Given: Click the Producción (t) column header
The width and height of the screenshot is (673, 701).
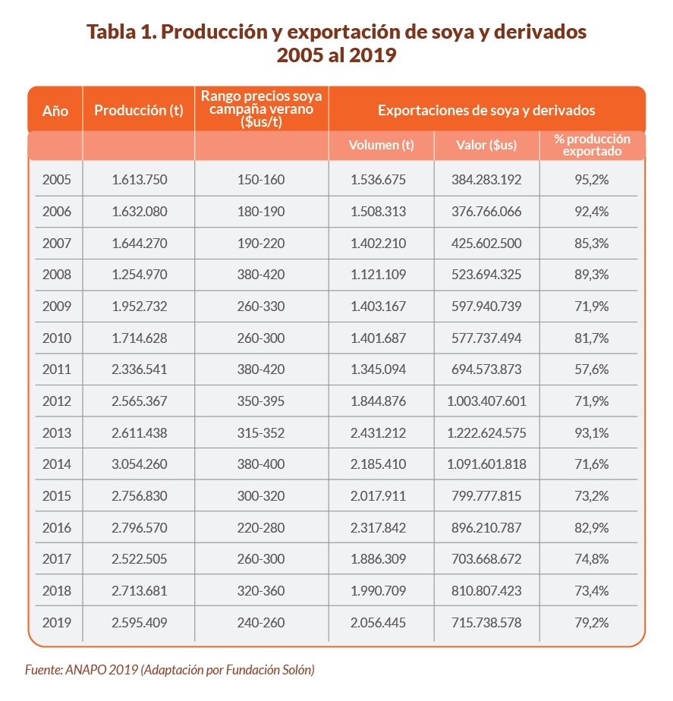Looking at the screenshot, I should pos(139,111).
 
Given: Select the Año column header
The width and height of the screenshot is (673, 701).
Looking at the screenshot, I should pos(55,111).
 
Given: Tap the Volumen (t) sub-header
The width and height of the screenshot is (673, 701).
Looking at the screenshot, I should pos(381,145).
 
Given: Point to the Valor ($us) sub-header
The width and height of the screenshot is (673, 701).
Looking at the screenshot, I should pos(486,145).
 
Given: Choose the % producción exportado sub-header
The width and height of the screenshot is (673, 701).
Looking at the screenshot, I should pos(592,145).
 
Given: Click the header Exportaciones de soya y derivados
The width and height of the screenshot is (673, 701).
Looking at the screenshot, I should pos(486,111).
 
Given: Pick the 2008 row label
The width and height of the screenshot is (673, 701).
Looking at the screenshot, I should pos(57,275).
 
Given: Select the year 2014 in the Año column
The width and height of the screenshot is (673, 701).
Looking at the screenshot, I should pos(57,464).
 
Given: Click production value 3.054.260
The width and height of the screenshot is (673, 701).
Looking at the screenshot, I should pos(139,464).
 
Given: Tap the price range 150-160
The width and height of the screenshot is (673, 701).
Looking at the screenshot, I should pos(261,180).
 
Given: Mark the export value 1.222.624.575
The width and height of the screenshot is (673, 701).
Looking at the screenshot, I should pos(486,433).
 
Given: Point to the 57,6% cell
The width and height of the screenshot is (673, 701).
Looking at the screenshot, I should pos(592,369).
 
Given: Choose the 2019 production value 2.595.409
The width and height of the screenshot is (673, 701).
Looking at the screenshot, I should pos(139,623).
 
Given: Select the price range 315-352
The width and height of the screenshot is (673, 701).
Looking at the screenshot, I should pos(261,433).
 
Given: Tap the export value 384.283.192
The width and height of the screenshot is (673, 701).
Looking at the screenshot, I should pos(486,180).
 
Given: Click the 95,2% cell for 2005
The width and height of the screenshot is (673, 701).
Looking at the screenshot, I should pos(592,180).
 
